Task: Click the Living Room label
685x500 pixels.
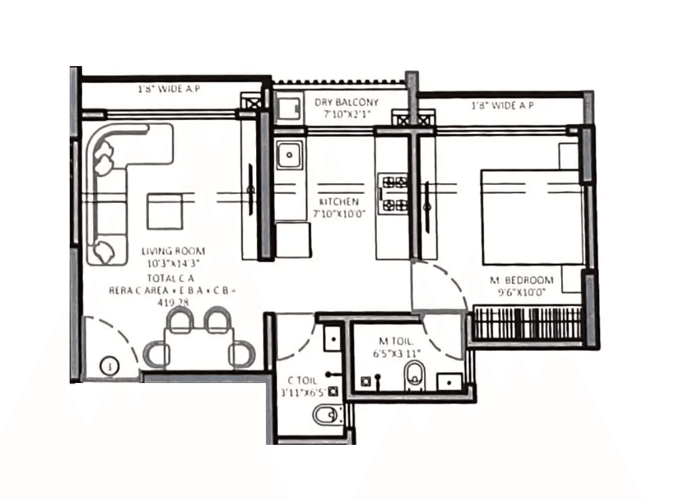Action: pyautogui.click(x=173, y=250)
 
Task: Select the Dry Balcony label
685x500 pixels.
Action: pyautogui.click(x=346, y=102)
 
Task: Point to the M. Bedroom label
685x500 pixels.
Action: pyautogui.click(x=521, y=280)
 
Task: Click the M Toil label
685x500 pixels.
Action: pyautogui.click(x=397, y=342)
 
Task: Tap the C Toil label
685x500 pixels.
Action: pyautogui.click(x=302, y=381)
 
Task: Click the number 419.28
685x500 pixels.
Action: pyautogui.click(x=173, y=299)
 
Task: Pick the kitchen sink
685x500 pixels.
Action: pyautogui.click(x=290, y=155)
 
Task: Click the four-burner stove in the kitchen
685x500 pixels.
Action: pyautogui.click(x=391, y=193)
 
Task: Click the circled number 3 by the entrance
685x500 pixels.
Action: pyautogui.click(x=110, y=366)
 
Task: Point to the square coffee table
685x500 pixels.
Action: pyautogui.click(x=165, y=212)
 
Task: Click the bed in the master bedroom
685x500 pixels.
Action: pyautogui.click(x=531, y=216)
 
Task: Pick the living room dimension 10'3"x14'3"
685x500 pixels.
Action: pyautogui.click(x=173, y=262)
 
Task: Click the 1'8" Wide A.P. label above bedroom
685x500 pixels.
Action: pyautogui.click(x=502, y=106)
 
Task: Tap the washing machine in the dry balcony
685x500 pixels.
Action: pyautogui.click(x=288, y=107)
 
